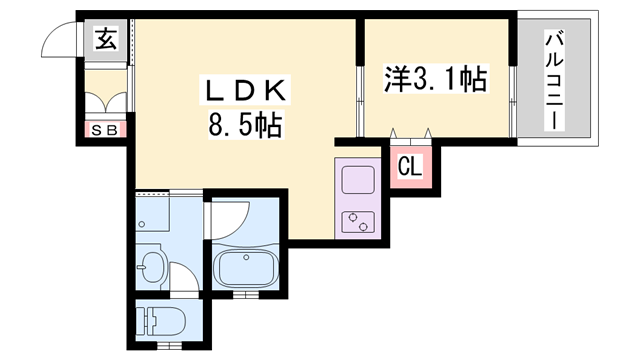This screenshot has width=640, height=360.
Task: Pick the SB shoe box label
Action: point(104,129)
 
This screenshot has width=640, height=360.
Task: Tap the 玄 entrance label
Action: point(104,40)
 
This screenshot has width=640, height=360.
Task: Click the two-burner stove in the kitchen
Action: point(356,221)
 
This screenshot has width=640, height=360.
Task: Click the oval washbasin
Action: point(152,267)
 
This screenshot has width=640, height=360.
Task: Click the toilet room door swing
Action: point(184,276)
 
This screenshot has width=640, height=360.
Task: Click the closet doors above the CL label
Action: point(410,136)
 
